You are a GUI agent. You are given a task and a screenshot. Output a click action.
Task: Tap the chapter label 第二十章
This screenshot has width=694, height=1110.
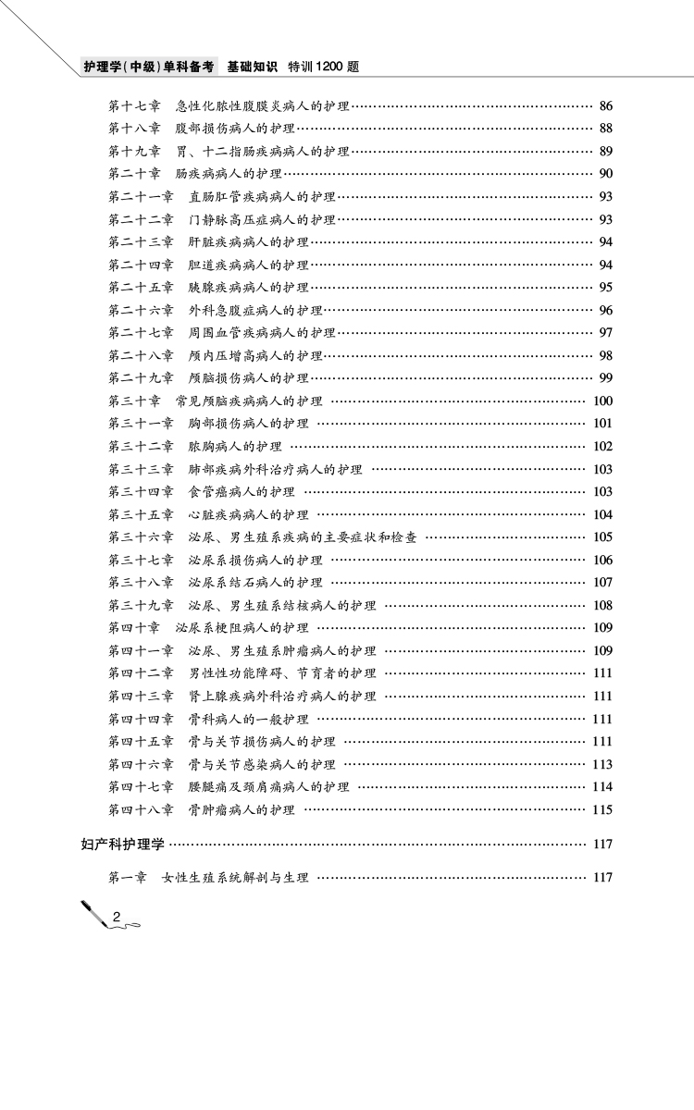[134, 174]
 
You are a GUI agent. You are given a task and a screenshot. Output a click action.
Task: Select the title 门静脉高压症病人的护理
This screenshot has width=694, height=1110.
[262, 219]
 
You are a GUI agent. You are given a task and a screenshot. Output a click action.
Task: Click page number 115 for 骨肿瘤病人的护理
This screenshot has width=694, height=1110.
[602, 809]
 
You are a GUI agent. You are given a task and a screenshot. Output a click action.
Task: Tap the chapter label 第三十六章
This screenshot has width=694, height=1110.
[141, 536]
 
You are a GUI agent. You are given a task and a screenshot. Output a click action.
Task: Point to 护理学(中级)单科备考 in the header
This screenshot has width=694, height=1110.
[148, 67]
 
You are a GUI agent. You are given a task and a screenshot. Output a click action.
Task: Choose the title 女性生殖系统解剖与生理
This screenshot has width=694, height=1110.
[235, 877]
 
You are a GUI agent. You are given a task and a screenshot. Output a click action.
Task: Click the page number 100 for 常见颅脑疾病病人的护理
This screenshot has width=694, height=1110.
[602, 401]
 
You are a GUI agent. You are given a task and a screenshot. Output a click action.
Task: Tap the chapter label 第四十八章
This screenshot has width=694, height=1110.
[141, 809]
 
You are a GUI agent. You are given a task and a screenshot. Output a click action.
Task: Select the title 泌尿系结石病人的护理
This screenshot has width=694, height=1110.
[255, 582]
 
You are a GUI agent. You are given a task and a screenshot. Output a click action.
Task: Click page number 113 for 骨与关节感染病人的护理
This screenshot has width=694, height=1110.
[602, 764]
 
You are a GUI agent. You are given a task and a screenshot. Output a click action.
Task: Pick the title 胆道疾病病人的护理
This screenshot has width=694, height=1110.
[249, 265]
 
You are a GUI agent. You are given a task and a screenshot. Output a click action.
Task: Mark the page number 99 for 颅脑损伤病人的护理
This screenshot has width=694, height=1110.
[606, 377]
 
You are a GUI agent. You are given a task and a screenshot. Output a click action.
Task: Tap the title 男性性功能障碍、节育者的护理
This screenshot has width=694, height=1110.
[282, 672]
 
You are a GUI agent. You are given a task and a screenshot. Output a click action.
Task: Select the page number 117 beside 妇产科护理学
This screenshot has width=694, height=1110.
[602, 844]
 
